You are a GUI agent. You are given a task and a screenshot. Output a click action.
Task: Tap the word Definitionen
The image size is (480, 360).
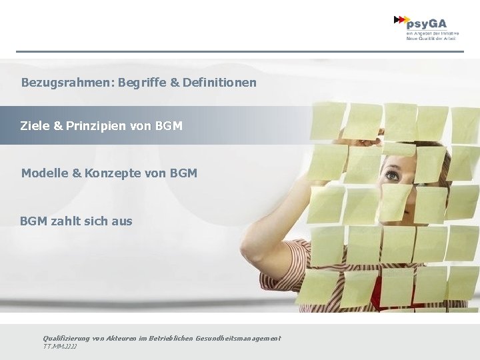click(x=219, y=83)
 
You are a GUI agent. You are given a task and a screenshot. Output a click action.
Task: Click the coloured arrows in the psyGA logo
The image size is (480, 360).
click(x=402, y=21)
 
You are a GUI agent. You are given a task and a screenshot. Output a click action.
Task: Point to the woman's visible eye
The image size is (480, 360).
click(x=391, y=176)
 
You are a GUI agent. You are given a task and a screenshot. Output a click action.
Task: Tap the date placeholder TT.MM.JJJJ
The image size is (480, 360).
click(x=60, y=347)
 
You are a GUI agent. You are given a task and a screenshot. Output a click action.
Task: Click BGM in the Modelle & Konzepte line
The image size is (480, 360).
click(x=183, y=173)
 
